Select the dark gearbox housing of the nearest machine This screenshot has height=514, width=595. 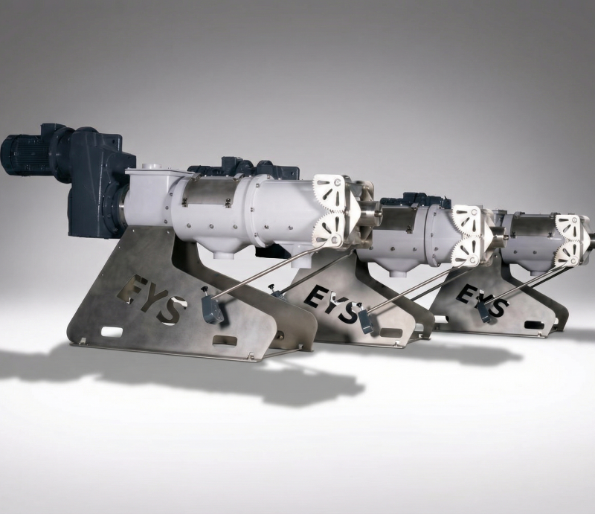[100, 182]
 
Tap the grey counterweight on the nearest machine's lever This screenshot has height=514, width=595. [212, 309]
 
